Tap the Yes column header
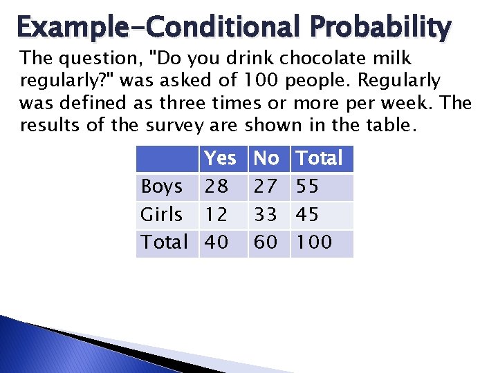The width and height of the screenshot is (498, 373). (220, 158)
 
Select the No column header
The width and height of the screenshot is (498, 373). (266, 158)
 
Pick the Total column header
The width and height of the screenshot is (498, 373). (319, 158)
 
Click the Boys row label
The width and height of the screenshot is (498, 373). (162, 186)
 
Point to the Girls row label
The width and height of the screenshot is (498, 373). (162, 215)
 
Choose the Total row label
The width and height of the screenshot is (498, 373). (165, 242)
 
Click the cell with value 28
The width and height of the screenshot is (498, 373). (216, 186)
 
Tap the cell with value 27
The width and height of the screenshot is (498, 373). (266, 186)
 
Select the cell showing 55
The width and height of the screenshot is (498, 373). (308, 186)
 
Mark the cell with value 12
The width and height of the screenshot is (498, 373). (216, 215)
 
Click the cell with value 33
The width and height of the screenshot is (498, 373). (266, 215)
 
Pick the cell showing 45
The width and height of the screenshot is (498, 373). (308, 215)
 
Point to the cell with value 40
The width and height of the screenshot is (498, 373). (216, 242)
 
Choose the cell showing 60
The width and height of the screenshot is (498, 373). (266, 242)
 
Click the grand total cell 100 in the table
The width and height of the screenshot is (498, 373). (314, 242)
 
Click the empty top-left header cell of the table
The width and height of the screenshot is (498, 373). (167, 158)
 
